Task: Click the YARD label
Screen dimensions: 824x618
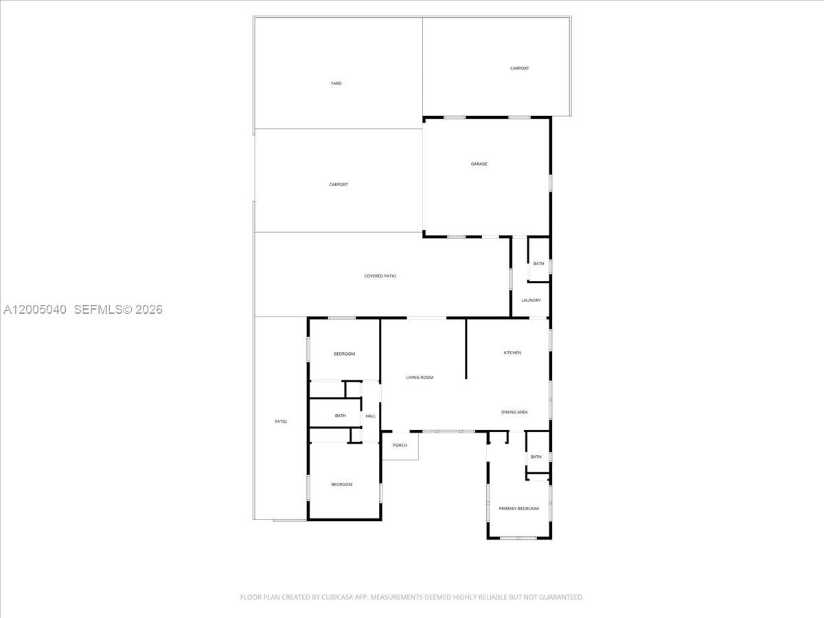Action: pyautogui.click(x=336, y=83)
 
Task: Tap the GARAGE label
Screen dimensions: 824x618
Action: pyautogui.click(x=479, y=164)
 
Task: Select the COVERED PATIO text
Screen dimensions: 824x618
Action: pyautogui.click(x=380, y=276)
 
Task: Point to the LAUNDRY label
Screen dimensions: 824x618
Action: pyautogui.click(x=531, y=301)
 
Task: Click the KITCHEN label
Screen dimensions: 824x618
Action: pyautogui.click(x=512, y=353)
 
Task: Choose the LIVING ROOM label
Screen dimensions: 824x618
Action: pyautogui.click(x=420, y=378)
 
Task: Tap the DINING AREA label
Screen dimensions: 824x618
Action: pyautogui.click(x=514, y=412)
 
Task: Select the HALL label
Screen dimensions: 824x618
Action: pyautogui.click(x=371, y=415)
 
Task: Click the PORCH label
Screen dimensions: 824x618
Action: pyautogui.click(x=400, y=445)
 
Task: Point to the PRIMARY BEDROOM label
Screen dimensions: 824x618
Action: pyautogui.click(x=519, y=508)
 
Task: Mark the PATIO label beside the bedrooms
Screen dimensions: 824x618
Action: pyautogui.click(x=281, y=422)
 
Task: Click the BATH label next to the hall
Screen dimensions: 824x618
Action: pyautogui.click(x=341, y=415)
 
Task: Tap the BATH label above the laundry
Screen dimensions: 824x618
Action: pyautogui.click(x=539, y=264)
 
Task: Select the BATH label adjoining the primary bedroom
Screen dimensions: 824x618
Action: pyautogui.click(x=536, y=457)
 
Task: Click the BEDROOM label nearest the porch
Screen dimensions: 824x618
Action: pyautogui.click(x=341, y=484)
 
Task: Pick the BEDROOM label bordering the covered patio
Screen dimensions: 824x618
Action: pyautogui.click(x=344, y=354)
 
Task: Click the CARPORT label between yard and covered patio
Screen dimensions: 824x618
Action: pyautogui.click(x=339, y=185)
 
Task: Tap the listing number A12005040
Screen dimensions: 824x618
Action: pyautogui.click(x=35, y=309)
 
